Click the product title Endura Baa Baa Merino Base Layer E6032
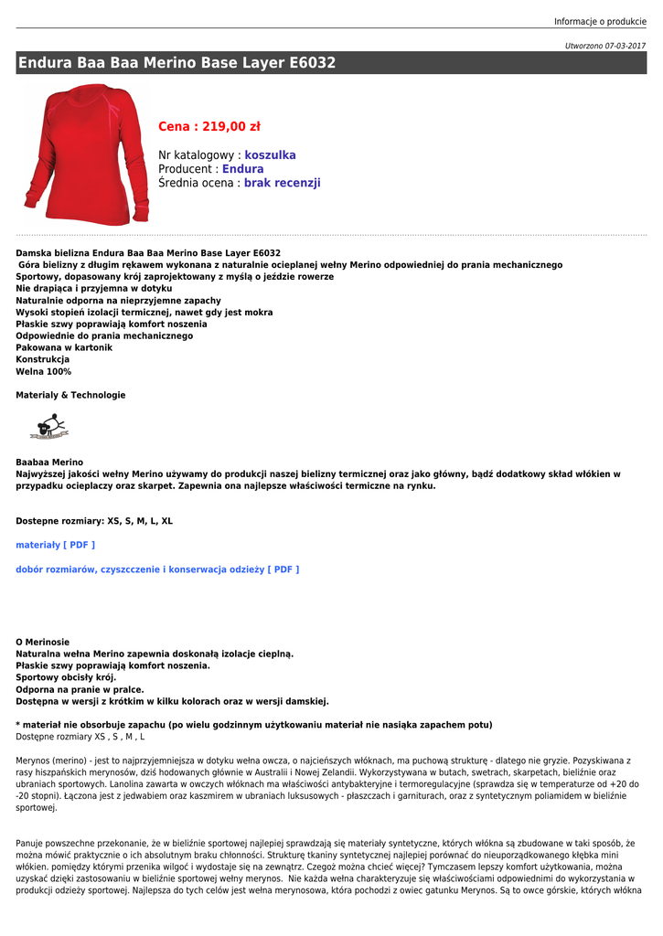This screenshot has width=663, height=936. pos(177,63)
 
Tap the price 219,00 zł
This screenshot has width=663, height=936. pos(209,127)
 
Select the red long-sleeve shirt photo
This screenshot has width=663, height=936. pos(84,154)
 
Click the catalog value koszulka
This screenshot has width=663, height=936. pos(270,155)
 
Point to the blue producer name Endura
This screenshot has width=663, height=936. pos(242,169)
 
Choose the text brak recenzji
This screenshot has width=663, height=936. pos(282,183)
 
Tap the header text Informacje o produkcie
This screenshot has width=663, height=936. pos(600,21)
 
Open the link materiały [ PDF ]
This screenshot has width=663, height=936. pos(55,545)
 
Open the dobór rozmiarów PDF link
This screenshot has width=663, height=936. pos(157,569)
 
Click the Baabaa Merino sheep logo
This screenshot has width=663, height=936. pos(48,426)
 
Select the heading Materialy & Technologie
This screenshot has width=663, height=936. pos(70,395)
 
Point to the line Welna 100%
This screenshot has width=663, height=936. pos(43,372)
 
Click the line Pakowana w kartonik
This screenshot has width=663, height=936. pos(64,347)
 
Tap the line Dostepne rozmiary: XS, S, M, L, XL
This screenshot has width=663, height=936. pos(94,521)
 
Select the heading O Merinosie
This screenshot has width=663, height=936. pos(42,642)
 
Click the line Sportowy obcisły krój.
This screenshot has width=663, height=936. pos(66,677)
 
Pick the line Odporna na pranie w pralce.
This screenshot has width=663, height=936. pos(80,689)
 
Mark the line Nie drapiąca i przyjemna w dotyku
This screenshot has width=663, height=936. pos(93,288)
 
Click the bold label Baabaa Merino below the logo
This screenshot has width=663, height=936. pos(49,463)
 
